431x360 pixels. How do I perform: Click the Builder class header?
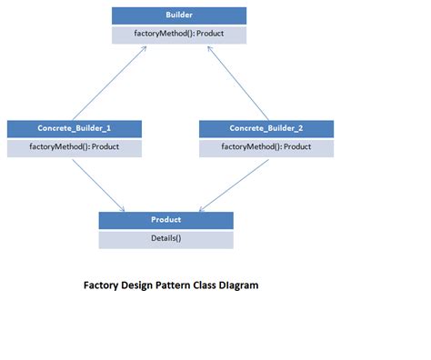click(178, 15)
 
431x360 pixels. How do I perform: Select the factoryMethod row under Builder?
click(178, 35)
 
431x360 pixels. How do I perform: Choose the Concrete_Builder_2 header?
click(266, 128)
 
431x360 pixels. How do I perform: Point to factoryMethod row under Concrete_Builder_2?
click(266, 146)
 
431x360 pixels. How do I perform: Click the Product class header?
click(165, 219)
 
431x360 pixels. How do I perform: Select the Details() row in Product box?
click(165, 238)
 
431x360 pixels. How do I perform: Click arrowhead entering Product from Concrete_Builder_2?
click(201, 208)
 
